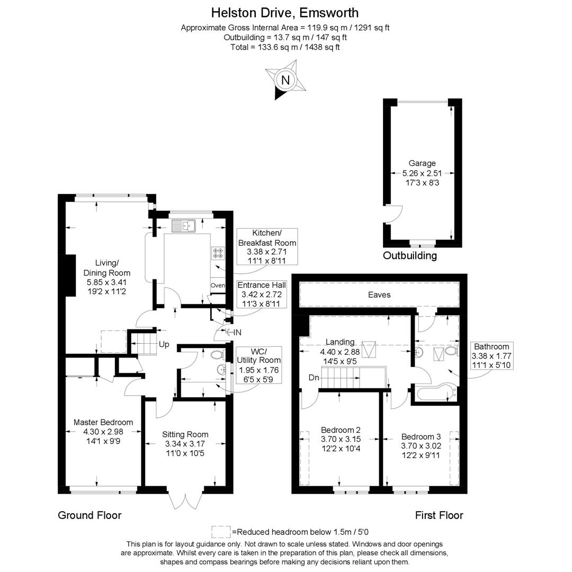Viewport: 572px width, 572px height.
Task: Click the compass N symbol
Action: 285,81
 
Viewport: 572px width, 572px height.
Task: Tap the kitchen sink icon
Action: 184,225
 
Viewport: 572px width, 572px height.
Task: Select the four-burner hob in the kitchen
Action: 218,253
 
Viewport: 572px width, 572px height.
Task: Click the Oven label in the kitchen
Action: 218,285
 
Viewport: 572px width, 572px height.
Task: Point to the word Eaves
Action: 379,294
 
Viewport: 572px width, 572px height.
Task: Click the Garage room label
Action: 422,164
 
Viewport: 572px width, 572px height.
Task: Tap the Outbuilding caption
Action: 410,256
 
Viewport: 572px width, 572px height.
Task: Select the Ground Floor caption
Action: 90,515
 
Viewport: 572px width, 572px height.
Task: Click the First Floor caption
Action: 439,515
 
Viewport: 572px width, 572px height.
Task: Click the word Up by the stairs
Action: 164,345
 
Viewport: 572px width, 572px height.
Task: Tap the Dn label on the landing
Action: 315,378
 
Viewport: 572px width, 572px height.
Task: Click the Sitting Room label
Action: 185,434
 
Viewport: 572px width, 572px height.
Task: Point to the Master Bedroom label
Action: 103,422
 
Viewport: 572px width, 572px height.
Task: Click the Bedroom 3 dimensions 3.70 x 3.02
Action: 421,446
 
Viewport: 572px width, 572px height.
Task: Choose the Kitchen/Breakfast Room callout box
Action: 266,247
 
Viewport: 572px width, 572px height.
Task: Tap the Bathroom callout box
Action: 491,355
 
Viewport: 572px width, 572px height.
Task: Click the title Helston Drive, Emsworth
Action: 285,12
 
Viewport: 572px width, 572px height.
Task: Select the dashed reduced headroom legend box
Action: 221,531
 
